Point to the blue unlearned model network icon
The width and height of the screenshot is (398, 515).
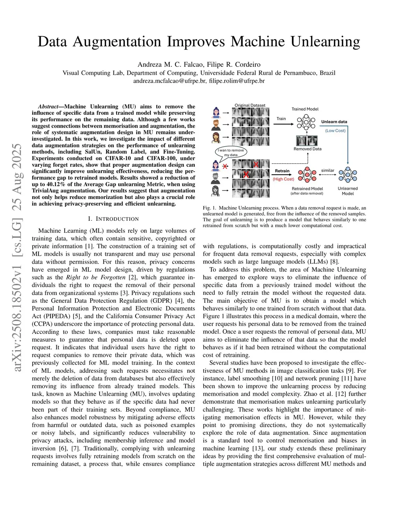point(347,175)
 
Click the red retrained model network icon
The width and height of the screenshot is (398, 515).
point(307,175)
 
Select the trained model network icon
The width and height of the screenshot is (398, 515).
point(306,122)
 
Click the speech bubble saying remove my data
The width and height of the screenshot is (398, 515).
point(231,152)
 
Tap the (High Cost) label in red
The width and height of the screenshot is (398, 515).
point(283,179)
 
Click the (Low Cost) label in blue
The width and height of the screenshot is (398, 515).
point(335,131)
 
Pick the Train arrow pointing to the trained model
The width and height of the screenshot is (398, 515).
point(285,124)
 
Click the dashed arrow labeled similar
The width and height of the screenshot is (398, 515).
point(328,175)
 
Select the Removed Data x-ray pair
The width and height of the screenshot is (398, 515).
point(307,141)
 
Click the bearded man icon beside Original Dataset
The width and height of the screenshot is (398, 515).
point(216,125)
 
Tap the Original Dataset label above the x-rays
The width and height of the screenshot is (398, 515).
point(250,105)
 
